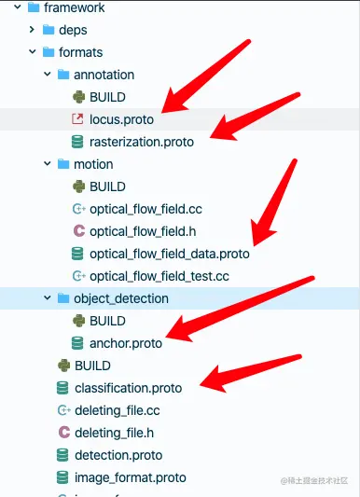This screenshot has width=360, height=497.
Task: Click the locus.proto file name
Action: click(121, 119)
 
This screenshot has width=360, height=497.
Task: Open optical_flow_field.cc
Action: click(145, 209)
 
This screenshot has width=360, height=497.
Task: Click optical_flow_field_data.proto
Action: click(169, 254)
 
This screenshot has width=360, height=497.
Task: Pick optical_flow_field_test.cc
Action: click(159, 276)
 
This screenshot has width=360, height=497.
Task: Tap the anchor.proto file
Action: click(125, 343)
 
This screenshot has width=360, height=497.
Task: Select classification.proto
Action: click(128, 388)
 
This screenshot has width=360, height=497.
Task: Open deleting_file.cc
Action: click(117, 410)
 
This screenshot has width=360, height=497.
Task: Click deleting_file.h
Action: click(114, 433)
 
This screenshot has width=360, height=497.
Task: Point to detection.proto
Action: click(118, 455)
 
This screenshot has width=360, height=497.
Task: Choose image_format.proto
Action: click(130, 477)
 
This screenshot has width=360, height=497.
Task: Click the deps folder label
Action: click(73, 30)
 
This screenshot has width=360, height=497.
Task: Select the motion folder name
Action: click(93, 164)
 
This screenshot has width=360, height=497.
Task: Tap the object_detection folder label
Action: click(121, 298)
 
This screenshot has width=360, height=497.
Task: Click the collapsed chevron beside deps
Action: click(33, 30)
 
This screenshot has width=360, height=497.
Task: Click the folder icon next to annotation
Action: click(63, 75)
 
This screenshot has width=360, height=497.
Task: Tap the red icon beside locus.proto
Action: click(78, 119)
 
